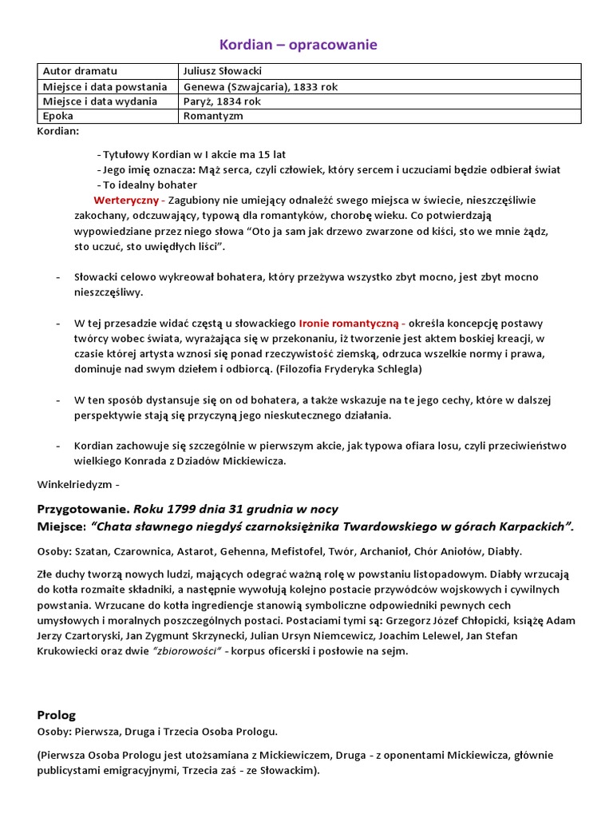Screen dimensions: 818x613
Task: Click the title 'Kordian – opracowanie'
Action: tap(298, 46)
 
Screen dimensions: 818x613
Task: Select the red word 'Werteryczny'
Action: tap(126, 200)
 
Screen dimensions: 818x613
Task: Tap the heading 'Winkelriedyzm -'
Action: tap(78, 485)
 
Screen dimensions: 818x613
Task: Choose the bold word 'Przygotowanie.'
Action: tap(83, 509)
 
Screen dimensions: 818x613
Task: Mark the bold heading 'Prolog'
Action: tap(57, 714)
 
